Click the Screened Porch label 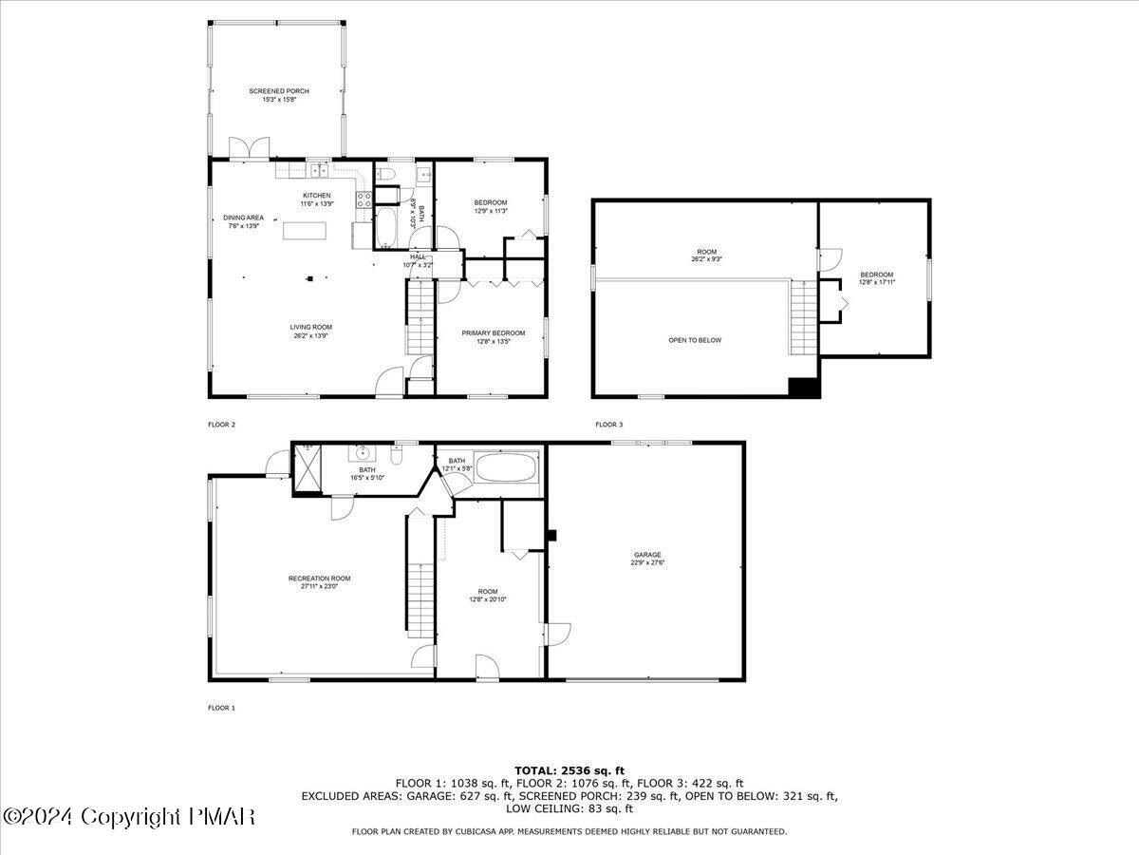[x=279, y=91]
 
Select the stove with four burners [x=363, y=199]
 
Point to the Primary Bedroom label [x=493, y=332]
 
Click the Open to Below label [x=695, y=339]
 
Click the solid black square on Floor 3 [x=804, y=387]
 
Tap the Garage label [x=647, y=555]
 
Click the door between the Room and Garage [x=555, y=636]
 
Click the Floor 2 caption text [x=221, y=425]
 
